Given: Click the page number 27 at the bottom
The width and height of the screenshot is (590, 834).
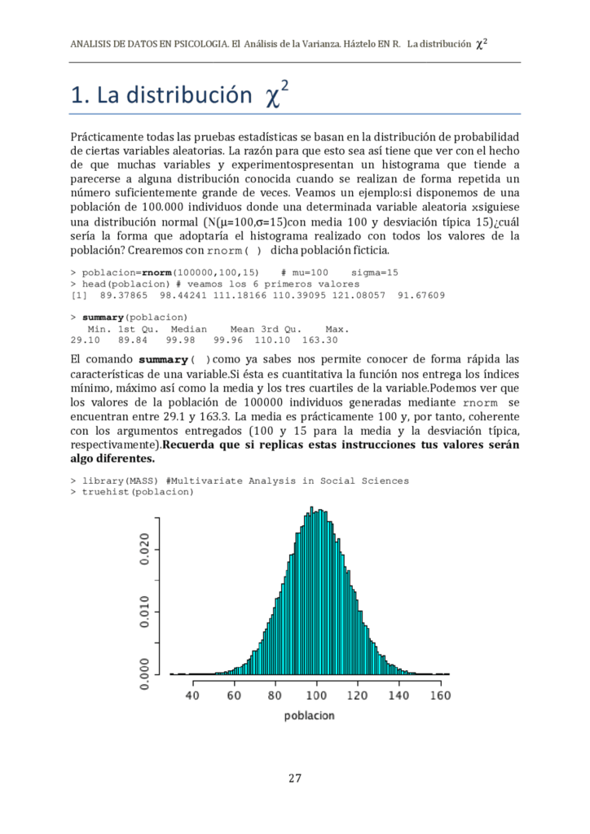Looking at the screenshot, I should (295, 778).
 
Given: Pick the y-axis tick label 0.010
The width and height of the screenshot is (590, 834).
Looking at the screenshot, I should (144, 612).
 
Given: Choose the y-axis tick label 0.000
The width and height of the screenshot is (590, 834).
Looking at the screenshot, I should (144, 674).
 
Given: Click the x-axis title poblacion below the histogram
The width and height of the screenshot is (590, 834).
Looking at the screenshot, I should (309, 716).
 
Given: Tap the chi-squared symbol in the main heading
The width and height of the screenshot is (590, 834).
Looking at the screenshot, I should (277, 97).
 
